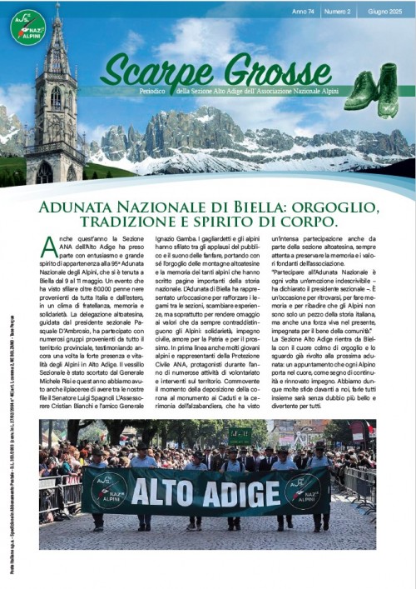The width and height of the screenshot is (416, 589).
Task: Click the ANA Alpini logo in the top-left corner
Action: (x=28, y=27)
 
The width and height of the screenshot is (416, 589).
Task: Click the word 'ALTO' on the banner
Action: (x=172, y=492)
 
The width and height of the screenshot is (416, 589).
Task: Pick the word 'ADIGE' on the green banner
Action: (x=241, y=492)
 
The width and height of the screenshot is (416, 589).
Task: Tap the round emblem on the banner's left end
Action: (x=108, y=491)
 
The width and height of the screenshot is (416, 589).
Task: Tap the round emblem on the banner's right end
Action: (x=302, y=491)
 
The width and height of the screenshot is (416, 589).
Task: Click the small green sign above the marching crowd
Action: (x=240, y=434)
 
